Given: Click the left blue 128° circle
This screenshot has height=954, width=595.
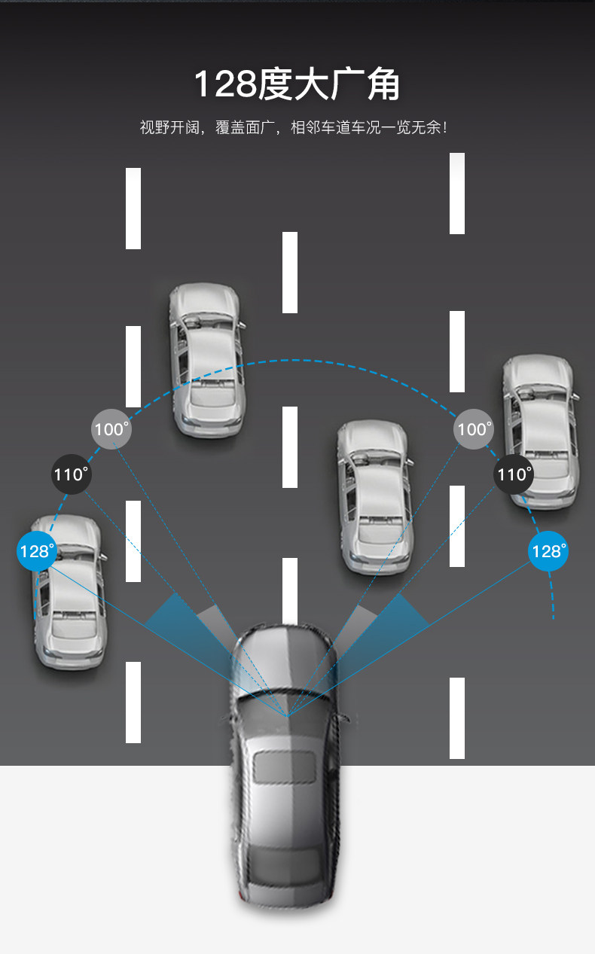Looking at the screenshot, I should pyautogui.click(x=36, y=551).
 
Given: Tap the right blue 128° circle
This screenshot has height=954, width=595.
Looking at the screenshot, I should pyautogui.click(x=548, y=551).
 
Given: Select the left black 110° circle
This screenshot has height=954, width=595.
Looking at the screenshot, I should pyautogui.click(x=71, y=474).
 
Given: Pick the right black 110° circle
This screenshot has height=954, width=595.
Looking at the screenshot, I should pyautogui.click(x=514, y=474).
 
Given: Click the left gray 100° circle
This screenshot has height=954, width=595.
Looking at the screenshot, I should pyautogui.click(x=111, y=429).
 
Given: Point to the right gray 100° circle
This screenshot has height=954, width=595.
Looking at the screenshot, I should pyautogui.click(x=474, y=429).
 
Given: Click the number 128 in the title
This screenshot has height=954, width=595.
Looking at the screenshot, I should pyautogui.click(x=224, y=84).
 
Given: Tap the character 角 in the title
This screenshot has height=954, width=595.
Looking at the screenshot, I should pyautogui.click(x=383, y=84).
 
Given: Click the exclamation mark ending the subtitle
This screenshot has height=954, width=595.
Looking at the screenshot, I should pyautogui.click(x=445, y=127).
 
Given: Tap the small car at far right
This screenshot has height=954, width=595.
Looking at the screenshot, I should pyautogui.click(x=539, y=431).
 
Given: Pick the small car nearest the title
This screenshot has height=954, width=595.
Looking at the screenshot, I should pyautogui.click(x=205, y=359).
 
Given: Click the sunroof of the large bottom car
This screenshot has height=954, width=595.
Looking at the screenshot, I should pyautogui.click(x=283, y=767).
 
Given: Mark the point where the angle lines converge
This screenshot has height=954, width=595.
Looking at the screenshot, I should pyautogui.click(x=286, y=715).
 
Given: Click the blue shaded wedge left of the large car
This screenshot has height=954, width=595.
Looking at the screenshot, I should pyautogui.click(x=173, y=614).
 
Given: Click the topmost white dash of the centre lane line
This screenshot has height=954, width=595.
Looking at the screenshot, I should pyautogui.click(x=290, y=272).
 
